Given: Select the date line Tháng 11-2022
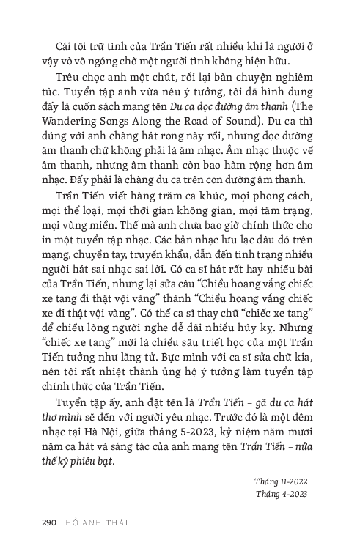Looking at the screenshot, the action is [281, 481].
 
